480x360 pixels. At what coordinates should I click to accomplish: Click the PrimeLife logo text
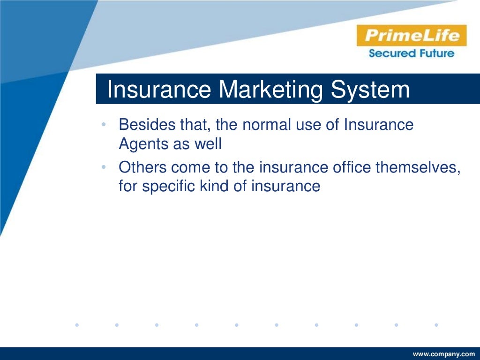tap(411, 36)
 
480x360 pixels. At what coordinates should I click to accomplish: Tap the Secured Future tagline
tap(411, 53)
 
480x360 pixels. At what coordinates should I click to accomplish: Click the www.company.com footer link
tap(443, 354)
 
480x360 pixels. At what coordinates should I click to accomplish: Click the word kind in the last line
tap(215, 186)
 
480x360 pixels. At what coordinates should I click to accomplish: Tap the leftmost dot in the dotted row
tap(77, 324)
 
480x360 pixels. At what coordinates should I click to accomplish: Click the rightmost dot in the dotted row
tap(436, 324)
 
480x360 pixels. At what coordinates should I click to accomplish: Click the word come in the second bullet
tap(191, 168)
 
